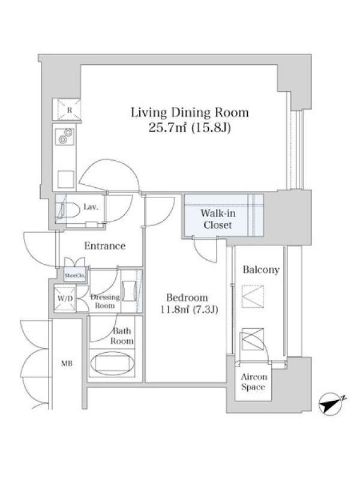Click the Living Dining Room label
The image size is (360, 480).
(190, 113)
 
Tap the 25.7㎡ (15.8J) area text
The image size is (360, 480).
(190, 128)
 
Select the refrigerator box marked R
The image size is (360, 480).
(67, 110)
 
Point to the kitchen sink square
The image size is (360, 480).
(66, 179)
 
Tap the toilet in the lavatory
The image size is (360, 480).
(67, 209)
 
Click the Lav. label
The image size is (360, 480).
(91, 207)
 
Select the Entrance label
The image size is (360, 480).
(105, 246)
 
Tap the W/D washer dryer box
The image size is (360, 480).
(65, 298)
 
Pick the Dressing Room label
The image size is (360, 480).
(105, 301)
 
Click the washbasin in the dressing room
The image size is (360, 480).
(129, 291)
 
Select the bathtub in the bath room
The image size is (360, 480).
(113, 363)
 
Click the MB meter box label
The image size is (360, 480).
(67, 364)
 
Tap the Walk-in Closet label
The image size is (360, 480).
(218, 219)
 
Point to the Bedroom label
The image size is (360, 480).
(187, 298)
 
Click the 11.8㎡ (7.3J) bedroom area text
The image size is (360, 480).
(189, 310)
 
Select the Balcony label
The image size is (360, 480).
(261, 269)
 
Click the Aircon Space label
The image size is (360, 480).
(253, 382)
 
